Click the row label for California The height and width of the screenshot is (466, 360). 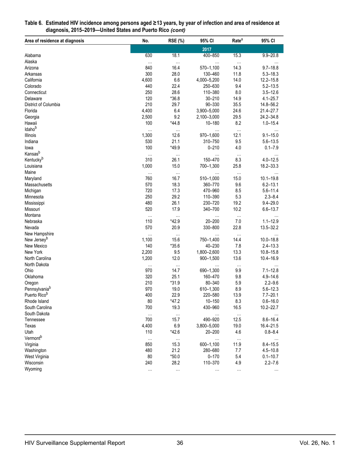point(33,80)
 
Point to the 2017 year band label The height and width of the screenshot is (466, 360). point(207,49)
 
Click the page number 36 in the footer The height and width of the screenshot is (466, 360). point(180,443)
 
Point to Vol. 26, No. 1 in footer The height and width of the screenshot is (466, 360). point(317,443)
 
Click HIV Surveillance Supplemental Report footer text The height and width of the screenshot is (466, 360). point(75,443)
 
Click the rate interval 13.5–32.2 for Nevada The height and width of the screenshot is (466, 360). point(270,227)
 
